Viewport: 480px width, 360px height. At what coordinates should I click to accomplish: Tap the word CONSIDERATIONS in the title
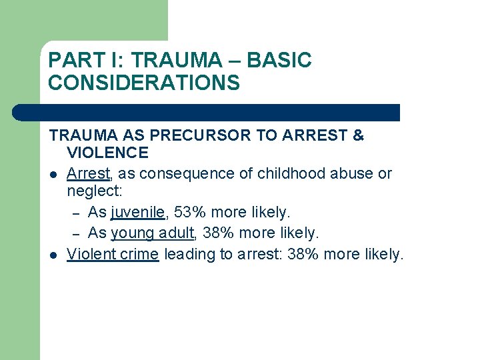coord(143,83)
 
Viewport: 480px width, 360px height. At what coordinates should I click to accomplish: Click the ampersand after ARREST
coord(358,135)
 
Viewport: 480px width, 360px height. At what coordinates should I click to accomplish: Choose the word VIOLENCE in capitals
coord(107,153)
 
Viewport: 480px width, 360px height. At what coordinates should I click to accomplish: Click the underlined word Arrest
coord(88,173)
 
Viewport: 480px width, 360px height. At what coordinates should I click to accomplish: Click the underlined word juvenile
coord(137,213)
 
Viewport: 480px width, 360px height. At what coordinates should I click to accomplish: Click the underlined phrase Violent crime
coord(113,253)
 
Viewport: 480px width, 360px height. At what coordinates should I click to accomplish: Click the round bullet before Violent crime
coord(52,254)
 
